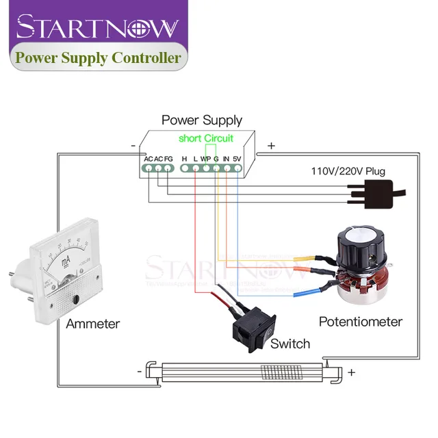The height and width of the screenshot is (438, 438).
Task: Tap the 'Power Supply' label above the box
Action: (202, 120)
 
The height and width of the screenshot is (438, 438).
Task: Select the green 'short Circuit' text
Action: (206, 138)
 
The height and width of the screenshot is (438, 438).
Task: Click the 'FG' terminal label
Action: (168, 159)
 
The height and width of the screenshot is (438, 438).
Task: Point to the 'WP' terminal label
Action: (205, 159)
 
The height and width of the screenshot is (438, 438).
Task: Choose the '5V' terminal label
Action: (237, 159)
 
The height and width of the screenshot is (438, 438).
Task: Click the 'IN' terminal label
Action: (226, 159)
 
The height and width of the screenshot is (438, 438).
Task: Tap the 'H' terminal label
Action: (184, 159)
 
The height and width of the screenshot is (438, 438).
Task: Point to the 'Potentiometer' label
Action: (361, 321)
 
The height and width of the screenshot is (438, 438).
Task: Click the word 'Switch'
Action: (290, 344)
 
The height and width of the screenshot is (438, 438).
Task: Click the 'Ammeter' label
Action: (92, 324)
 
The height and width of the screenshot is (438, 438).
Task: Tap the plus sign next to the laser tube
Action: (352, 372)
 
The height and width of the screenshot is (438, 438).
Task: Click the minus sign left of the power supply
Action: (133, 145)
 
